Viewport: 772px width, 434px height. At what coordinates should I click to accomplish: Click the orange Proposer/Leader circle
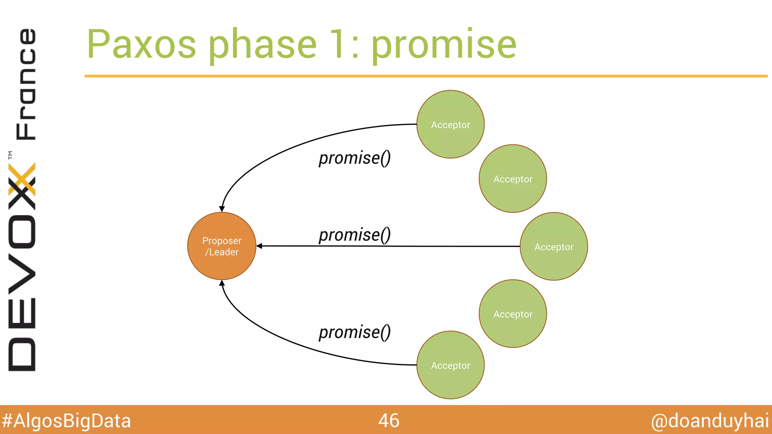(x=222, y=246)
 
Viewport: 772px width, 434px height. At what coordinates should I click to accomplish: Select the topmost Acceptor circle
(x=450, y=124)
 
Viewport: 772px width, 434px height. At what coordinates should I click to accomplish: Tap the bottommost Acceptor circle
(x=450, y=365)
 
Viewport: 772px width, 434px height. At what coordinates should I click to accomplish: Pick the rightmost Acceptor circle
(x=554, y=246)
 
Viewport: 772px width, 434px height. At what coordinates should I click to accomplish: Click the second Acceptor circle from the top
(x=513, y=179)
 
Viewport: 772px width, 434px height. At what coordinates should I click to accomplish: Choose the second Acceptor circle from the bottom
(x=513, y=313)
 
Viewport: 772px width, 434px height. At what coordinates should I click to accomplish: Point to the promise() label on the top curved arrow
(x=354, y=158)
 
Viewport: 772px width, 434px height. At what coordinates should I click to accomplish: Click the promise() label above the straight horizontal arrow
(x=354, y=235)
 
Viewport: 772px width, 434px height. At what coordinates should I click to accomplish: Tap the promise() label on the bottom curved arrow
(x=354, y=332)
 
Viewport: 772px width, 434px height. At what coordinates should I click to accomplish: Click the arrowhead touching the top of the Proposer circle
(x=222, y=209)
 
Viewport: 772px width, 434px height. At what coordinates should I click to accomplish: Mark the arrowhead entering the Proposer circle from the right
(x=259, y=246)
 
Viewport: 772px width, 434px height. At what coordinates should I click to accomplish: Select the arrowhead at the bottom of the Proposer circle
(x=222, y=283)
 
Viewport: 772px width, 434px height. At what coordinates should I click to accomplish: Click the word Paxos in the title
(x=141, y=44)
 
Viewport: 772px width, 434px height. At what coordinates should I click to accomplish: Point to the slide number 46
(x=389, y=420)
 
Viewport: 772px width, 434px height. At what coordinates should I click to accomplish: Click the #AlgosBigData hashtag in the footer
(x=66, y=421)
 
